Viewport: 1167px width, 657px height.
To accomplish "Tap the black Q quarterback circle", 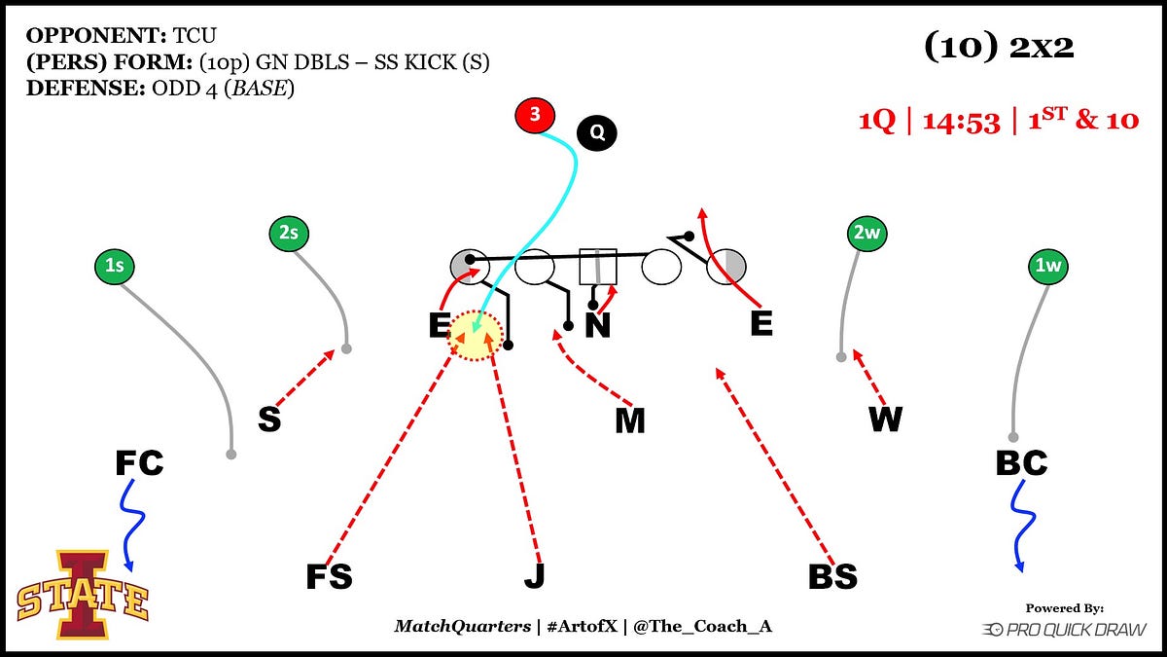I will point(597,132).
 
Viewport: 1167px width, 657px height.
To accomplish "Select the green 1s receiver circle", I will point(115,265).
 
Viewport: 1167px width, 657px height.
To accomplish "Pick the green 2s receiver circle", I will point(288,234).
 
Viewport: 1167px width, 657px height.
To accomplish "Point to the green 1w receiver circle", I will point(1049,265).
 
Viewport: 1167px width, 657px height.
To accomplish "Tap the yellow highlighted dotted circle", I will point(475,336).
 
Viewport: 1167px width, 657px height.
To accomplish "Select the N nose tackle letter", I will point(597,325).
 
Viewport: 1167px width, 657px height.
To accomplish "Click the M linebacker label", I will point(629,420).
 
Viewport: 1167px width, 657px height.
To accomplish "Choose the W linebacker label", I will point(885,420).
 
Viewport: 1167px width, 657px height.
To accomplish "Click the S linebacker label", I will point(269,420).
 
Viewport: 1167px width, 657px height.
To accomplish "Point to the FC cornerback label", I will point(139,463).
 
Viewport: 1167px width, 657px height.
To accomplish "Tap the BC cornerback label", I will point(1021,463).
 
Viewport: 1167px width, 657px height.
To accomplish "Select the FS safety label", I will point(329,576).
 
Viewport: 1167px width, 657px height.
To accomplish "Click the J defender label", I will point(534,576).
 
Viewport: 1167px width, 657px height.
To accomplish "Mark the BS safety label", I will point(832,576).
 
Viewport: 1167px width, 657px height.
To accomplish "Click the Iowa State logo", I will point(83,594).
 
